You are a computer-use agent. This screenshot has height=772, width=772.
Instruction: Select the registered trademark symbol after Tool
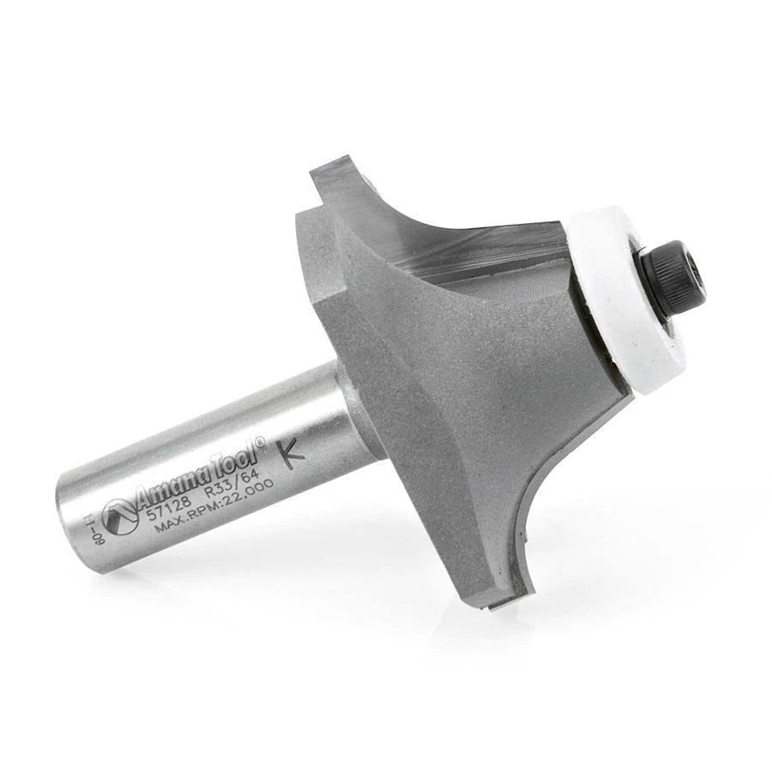(263, 440)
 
